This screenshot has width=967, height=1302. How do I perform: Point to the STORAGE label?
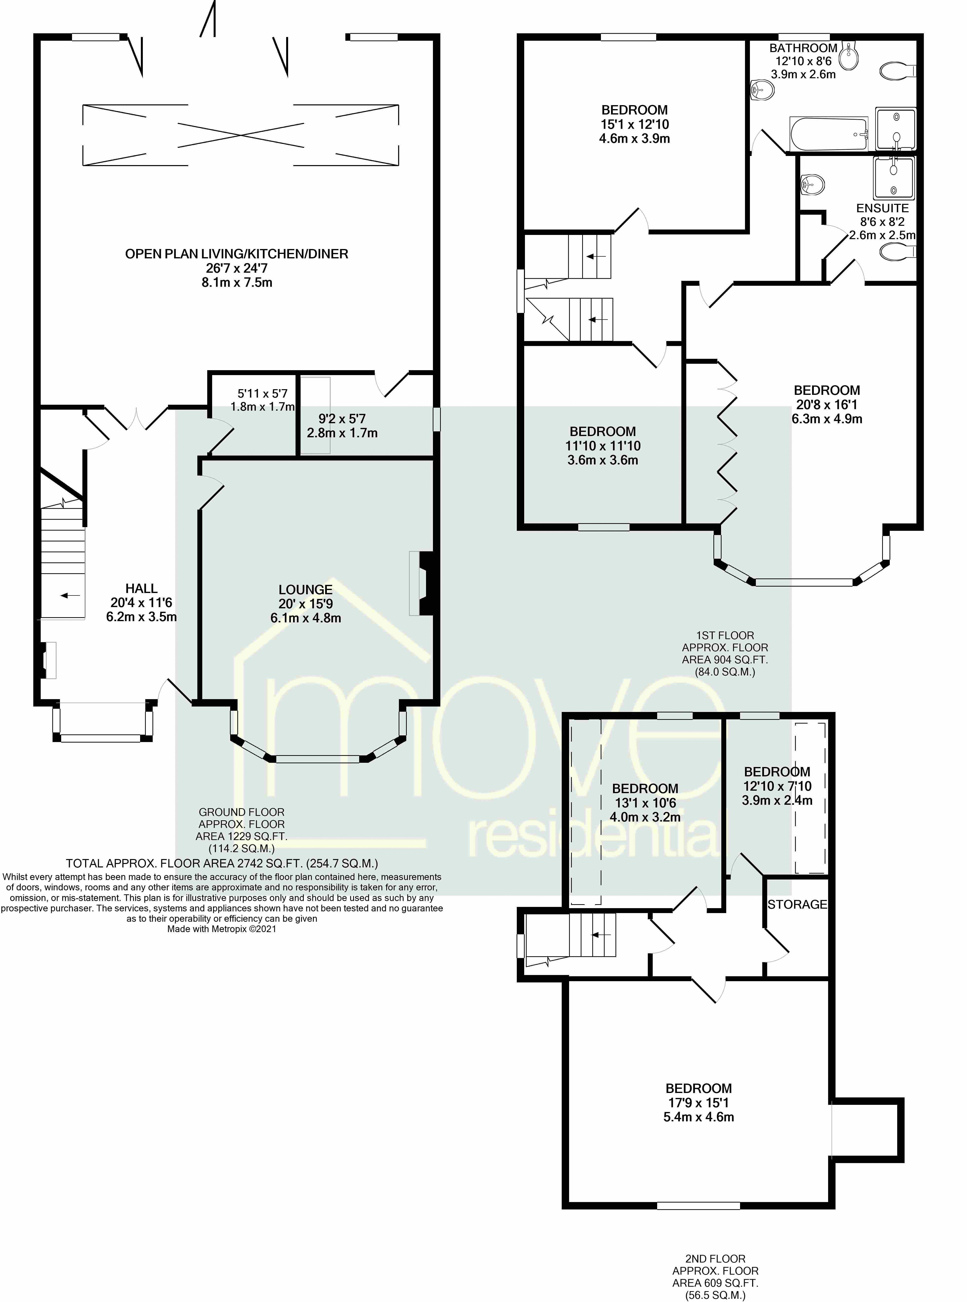coord(797,904)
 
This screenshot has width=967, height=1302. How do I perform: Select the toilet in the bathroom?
coord(898,71)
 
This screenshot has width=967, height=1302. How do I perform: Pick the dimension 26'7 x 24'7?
coord(237,268)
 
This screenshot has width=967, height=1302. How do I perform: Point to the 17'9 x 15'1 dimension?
coord(698,1102)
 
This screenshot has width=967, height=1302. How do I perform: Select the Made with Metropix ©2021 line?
coord(222,929)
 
